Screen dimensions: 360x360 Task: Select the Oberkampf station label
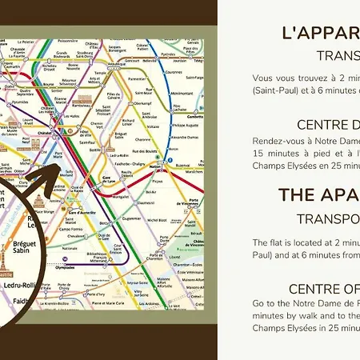(x=142, y=103)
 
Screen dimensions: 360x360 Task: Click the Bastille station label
(x=97, y=150)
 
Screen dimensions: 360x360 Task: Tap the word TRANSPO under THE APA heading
(x=327, y=218)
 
